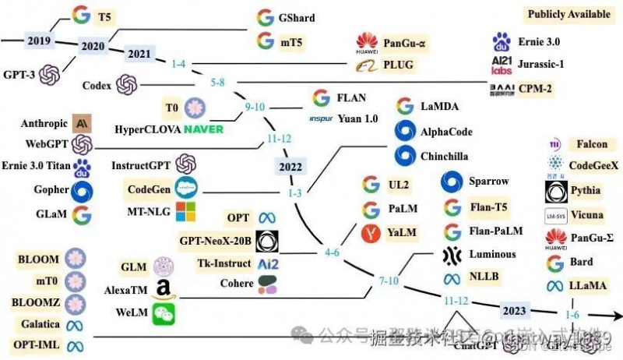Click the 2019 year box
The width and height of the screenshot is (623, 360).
pos(38,41)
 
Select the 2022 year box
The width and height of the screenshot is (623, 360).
pos(289,166)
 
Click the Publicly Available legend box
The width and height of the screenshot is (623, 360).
pos(568,14)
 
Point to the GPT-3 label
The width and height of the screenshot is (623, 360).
pos(18,74)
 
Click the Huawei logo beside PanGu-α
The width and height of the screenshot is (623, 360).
pos(367,43)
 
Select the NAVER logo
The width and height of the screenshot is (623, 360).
pos(203,128)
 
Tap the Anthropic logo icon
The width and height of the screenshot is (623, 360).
pos(82,123)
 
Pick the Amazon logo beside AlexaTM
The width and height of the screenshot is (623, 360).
pos(164,290)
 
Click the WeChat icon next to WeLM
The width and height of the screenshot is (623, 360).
pos(164,313)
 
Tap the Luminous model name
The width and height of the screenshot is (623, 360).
pos(492,254)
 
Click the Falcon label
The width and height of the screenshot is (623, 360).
pos(593,144)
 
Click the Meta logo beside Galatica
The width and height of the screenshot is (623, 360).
pos(76,324)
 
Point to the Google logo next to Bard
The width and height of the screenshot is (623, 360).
pos(555,263)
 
